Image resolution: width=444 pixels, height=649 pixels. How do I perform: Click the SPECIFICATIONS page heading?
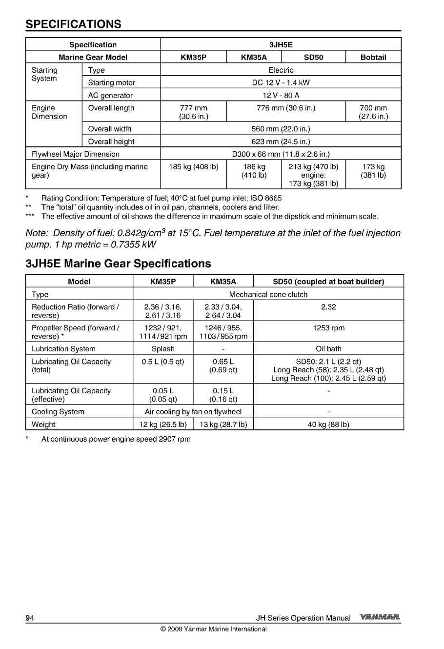[x=73, y=24]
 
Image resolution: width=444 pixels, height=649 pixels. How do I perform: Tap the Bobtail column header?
[x=373, y=57]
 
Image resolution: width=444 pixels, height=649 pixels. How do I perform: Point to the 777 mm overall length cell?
[x=194, y=112]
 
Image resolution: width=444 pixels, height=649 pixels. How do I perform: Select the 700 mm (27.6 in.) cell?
[x=373, y=112]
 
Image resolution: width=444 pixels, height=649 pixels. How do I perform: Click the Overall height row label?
[x=111, y=142]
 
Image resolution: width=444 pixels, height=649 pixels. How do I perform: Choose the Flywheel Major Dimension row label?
[x=76, y=154]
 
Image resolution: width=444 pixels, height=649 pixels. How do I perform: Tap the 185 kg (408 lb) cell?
[x=194, y=167]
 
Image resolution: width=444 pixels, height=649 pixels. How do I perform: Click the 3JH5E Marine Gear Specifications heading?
[x=118, y=264]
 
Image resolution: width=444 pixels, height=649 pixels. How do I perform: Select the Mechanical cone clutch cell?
[x=268, y=294]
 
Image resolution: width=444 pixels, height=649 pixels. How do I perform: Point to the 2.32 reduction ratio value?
[x=328, y=307]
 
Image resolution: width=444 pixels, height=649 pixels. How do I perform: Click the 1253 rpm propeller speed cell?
[x=328, y=328]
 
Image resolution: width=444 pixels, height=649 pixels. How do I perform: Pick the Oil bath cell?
[x=328, y=349]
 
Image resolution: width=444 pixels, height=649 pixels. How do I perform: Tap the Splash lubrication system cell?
[x=163, y=349]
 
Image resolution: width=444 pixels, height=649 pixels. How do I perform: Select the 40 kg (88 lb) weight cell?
[x=328, y=425]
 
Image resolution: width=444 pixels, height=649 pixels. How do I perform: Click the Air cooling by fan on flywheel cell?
[x=193, y=412]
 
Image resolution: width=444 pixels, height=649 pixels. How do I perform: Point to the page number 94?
[x=30, y=618]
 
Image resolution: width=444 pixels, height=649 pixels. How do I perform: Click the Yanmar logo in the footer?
[x=380, y=618]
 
